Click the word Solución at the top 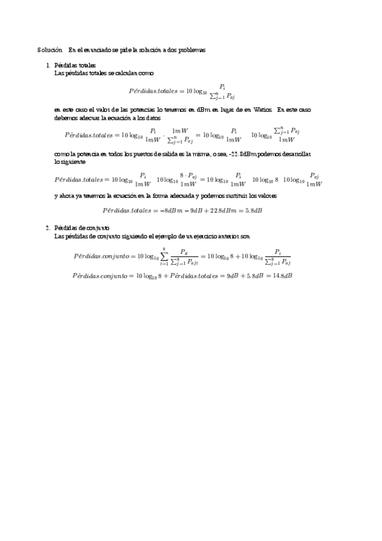click(49, 50)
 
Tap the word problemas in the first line click(193, 50)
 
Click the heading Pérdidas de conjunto click(82, 227)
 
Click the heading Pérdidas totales click(75, 65)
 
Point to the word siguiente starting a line click(68, 162)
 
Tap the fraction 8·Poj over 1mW click(188, 179)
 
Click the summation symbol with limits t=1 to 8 click(165, 256)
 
